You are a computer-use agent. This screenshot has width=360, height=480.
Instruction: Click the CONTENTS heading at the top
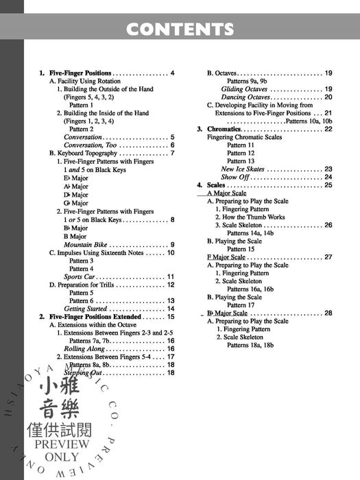point(180,29)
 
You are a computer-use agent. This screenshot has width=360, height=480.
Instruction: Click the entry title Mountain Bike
point(86,244)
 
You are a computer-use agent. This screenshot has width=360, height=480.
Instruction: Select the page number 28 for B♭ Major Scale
point(328,313)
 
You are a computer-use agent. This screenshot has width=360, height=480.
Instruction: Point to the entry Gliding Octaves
point(245,89)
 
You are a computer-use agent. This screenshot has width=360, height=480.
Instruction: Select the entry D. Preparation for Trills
point(86,285)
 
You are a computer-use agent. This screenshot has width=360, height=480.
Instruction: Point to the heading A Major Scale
point(226,193)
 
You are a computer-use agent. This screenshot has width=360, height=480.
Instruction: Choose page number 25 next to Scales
point(328,185)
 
